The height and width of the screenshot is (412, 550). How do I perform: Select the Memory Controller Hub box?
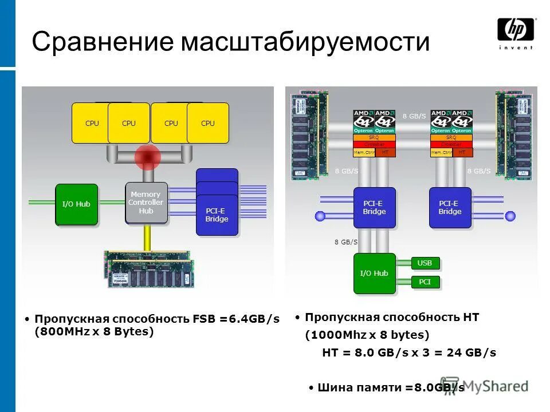coord(147,203)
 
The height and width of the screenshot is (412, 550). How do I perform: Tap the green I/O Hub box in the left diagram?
coord(76,204)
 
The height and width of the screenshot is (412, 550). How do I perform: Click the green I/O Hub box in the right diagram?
coord(374,273)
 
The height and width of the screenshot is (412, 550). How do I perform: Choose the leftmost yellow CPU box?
coord(92,123)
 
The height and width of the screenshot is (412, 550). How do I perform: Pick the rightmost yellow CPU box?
coord(208,123)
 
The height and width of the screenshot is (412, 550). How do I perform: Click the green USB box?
coord(425,263)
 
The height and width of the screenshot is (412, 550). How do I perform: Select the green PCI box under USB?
coord(425,282)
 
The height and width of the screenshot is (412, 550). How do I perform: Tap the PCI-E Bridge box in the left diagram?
coord(217,215)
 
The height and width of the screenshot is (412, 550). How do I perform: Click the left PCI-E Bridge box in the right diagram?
coord(374,207)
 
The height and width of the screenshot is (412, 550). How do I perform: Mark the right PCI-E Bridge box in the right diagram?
coord(450,207)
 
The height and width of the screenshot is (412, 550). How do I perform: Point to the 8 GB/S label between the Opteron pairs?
coord(414,117)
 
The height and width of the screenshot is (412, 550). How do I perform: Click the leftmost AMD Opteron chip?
coord(364,122)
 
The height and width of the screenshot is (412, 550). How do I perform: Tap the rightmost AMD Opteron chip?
coord(462,122)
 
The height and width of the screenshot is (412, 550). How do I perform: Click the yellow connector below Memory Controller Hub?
coord(147,237)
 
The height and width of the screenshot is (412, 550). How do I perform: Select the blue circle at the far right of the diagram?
coord(510,216)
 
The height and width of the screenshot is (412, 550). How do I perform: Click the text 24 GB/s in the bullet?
coord(472,353)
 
